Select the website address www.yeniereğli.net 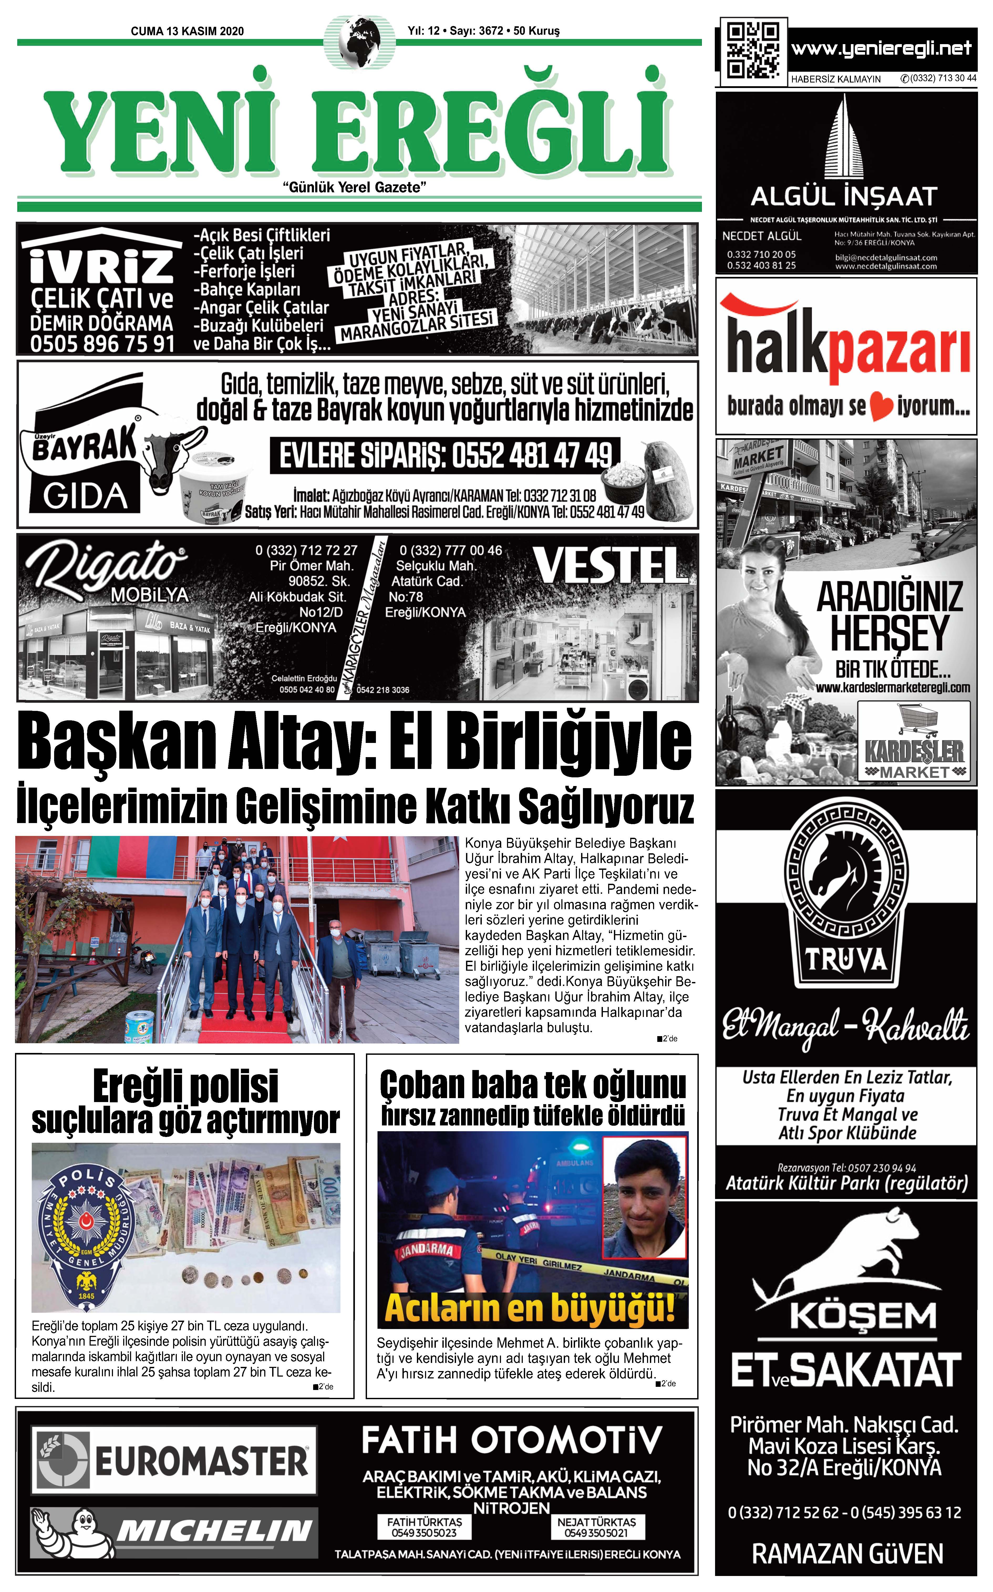(881, 49)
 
